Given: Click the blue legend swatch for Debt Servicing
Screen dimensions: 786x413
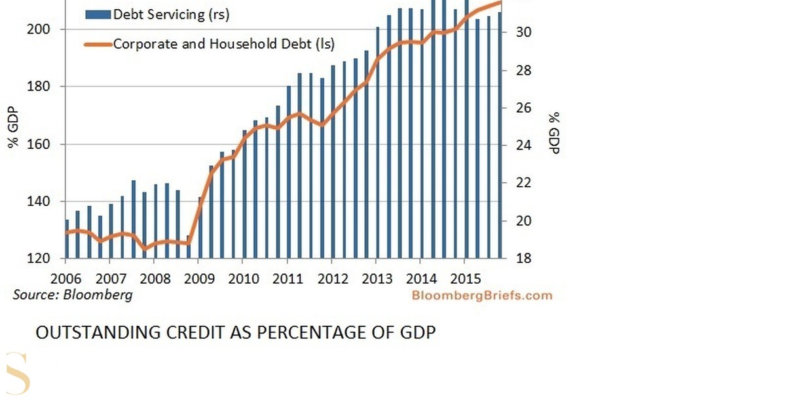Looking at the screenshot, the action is (x=98, y=14).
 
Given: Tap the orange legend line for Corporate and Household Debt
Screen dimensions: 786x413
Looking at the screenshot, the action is (x=98, y=45).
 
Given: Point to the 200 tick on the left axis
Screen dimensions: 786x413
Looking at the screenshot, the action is (x=38, y=29).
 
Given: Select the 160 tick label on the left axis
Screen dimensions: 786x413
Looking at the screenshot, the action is (x=38, y=144).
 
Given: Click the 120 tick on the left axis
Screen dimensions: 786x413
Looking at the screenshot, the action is (x=38, y=258).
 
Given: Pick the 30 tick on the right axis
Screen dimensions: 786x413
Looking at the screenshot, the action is (x=523, y=32).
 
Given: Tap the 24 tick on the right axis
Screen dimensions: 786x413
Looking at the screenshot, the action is (x=523, y=145).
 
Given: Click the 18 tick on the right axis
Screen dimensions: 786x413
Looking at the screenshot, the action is (x=523, y=258).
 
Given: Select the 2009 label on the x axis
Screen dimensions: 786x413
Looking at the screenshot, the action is (x=199, y=279).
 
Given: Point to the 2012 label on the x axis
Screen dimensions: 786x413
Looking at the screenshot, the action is (x=333, y=279).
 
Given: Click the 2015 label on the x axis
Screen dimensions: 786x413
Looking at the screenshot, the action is (x=465, y=279).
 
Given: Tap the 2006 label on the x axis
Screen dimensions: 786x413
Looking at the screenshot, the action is (x=66, y=279).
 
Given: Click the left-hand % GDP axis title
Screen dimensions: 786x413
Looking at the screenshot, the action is (x=13, y=127).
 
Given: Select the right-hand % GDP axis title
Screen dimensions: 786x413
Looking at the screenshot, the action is (x=554, y=132).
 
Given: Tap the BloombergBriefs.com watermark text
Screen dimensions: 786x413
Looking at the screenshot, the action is (x=482, y=296).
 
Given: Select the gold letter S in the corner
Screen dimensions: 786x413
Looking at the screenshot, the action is (x=18, y=373).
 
